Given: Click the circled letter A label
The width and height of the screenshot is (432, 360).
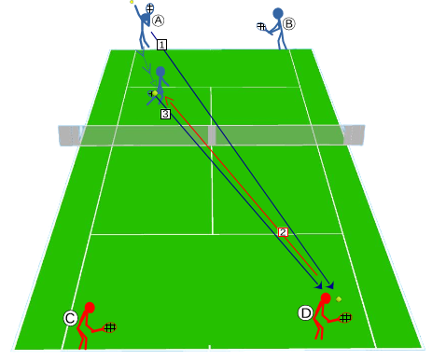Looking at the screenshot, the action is (159, 21).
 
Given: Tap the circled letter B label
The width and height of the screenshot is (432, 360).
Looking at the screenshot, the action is (289, 23).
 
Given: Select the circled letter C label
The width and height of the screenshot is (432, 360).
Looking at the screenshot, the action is (70, 318).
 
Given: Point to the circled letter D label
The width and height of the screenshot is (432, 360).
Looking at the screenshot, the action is (305, 313).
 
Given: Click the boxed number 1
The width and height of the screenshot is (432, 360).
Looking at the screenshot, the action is (161, 45).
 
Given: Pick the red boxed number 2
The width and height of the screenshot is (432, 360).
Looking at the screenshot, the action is (283, 232).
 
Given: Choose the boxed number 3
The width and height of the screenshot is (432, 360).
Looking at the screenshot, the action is (165, 114).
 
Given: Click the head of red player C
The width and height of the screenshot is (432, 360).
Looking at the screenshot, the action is (90, 308).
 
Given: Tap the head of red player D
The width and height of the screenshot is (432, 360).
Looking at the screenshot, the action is (326, 298).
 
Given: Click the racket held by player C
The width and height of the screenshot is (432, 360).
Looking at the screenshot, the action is (109, 327).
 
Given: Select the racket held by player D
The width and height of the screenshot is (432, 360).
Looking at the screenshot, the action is (345, 317).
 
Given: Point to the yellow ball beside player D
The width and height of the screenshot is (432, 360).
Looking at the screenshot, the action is (339, 299).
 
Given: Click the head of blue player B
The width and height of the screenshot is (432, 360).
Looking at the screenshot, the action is (278, 14).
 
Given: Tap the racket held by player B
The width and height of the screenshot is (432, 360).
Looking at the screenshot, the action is (261, 26).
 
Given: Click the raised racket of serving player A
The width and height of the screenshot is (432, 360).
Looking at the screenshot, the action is (150, 8).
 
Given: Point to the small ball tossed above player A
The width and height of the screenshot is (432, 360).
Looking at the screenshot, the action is (132, 2).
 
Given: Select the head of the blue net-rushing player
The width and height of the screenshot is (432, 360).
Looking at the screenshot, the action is (160, 72).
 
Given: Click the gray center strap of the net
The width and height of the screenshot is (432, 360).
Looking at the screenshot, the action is (212, 135).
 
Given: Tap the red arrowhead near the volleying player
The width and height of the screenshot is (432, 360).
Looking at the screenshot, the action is (168, 100).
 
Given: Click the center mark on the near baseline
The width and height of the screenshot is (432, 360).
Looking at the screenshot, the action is (210, 347).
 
